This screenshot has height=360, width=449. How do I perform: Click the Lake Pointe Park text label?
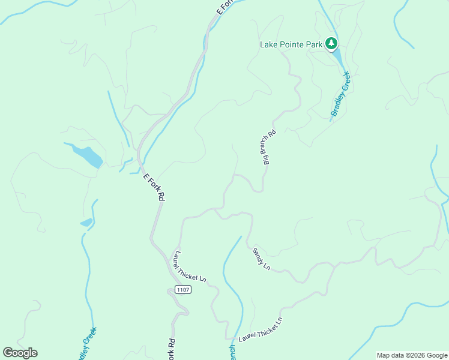[x=291, y=44]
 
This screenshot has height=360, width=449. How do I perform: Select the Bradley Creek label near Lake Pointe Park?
[x=340, y=94]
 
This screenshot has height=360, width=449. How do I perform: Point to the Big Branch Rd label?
[x=267, y=147]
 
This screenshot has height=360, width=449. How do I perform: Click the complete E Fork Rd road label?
[x=154, y=187]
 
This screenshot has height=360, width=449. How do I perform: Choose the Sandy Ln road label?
[x=262, y=258]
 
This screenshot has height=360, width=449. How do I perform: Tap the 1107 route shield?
[x=183, y=290]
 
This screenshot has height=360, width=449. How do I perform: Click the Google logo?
[x=20, y=353]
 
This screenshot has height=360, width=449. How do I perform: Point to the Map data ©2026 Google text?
[x=412, y=355]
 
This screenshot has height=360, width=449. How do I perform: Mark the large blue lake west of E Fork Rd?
[x=88, y=155]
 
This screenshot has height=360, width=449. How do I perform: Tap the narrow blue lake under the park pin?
[x=338, y=58]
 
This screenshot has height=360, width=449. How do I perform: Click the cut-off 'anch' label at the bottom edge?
[x=232, y=352]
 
